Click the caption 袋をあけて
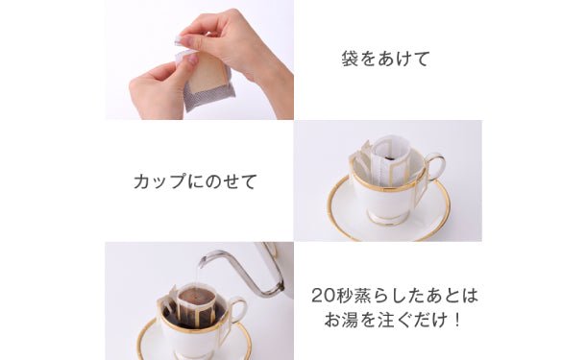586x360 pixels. pos(385,59)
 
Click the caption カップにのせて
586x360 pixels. pos(195,181)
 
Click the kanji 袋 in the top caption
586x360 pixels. pos(350,59)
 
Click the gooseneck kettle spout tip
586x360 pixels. pos(202,261)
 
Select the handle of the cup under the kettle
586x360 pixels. pos(238,311)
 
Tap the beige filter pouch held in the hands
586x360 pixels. pos(207,73)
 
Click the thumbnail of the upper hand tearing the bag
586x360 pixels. pos(186,39)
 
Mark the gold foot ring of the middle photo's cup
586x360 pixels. pos(386,220)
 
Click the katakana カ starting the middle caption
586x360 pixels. pos(142,181)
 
